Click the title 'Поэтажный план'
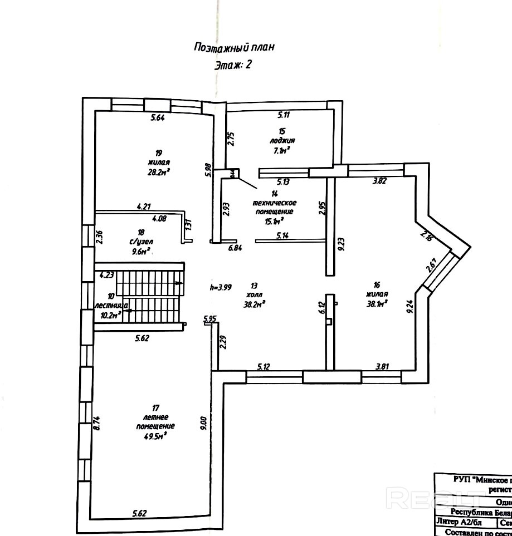click(233, 47)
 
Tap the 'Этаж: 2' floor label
click(233, 65)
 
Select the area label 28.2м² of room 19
click(159, 173)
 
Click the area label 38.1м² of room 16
click(377, 303)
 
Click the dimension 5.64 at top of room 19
click(159, 117)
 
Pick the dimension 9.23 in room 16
click(342, 244)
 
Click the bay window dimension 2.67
click(431, 265)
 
